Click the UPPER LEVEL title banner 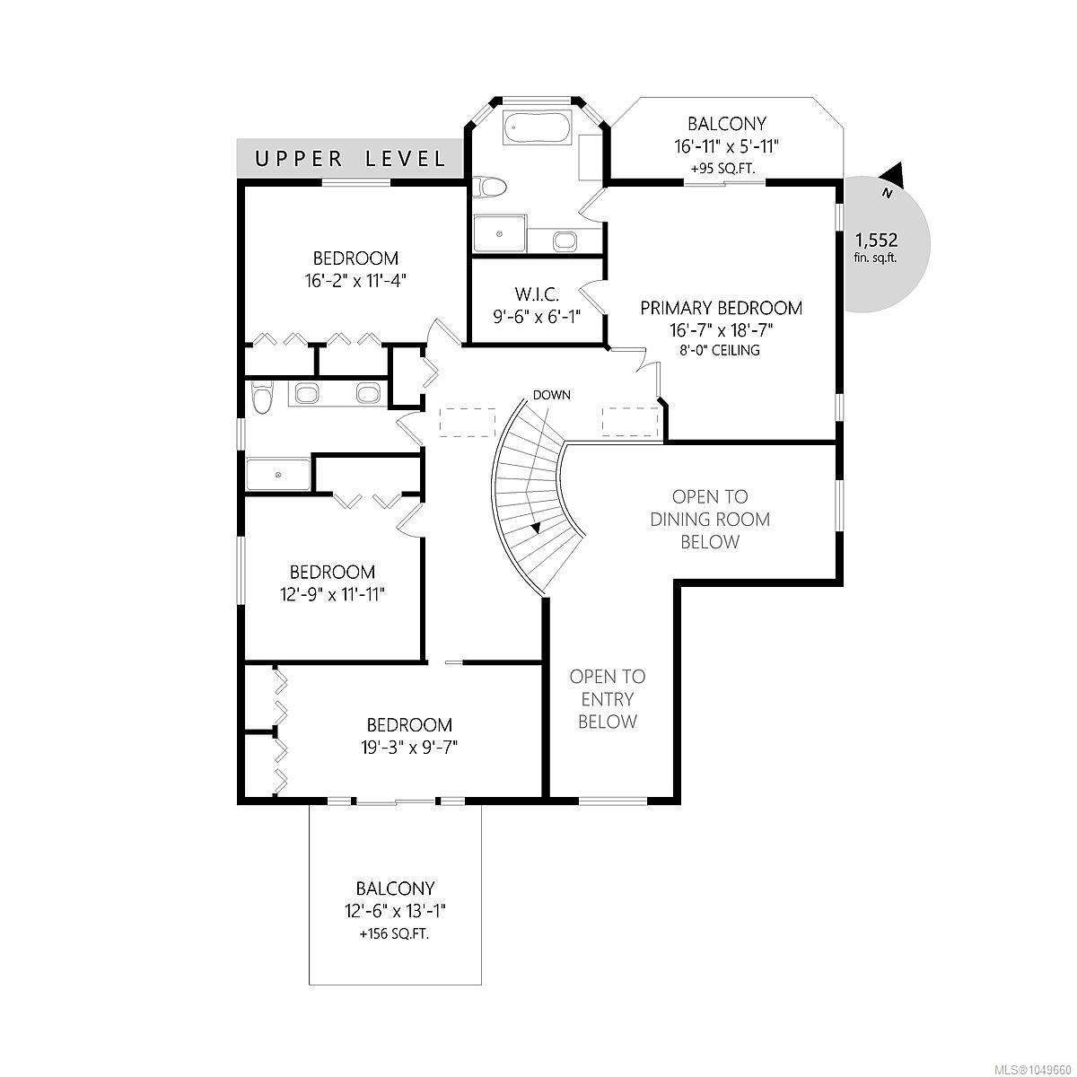tap(350, 158)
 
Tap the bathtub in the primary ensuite tap(537, 128)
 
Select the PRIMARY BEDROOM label tap(721, 308)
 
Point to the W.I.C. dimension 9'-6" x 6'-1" tap(537, 317)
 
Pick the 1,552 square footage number tap(876, 241)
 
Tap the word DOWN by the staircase tap(552, 395)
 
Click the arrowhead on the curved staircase tap(536, 527)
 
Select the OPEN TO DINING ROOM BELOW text tap(710, 520)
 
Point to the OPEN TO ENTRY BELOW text tap(608, 699)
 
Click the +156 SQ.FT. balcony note tap(395, 934)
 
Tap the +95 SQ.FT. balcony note tap(723, 168)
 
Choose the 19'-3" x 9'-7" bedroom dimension tap(409, 748)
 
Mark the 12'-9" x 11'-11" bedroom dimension tap(333, 594)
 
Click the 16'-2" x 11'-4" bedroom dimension tap(355, 280)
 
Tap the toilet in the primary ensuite tap(489, 186)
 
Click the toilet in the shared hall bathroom tap(261, 397)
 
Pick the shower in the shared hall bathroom tap(278, 475)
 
